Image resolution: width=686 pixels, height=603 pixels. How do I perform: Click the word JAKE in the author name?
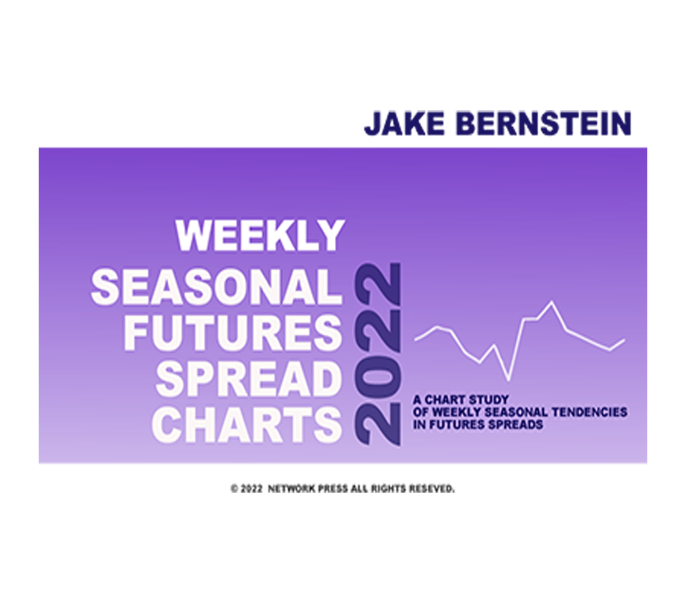405,123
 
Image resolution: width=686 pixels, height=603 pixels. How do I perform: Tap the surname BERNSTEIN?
544,123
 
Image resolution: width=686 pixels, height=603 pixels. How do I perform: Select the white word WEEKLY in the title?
260,236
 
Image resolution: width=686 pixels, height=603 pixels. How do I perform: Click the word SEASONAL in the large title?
216,287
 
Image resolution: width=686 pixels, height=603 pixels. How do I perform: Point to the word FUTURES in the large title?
233,333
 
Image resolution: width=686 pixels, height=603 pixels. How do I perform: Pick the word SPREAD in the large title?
248,379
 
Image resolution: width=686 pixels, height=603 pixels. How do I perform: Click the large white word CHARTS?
247,425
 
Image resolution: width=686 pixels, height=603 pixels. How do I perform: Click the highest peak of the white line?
552,302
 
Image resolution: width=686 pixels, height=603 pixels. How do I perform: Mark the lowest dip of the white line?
508,379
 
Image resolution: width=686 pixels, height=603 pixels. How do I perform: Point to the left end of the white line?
415,340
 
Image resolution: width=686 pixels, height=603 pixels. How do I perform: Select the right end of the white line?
624,340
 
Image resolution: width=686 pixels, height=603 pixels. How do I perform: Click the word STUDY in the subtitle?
488,400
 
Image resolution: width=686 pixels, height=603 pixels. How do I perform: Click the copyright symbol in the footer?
234,489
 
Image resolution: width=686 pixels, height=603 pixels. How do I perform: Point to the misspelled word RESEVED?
432,489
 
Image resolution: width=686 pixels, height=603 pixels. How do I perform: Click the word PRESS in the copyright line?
333,489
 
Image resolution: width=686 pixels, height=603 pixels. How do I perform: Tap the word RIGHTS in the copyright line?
389,489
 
